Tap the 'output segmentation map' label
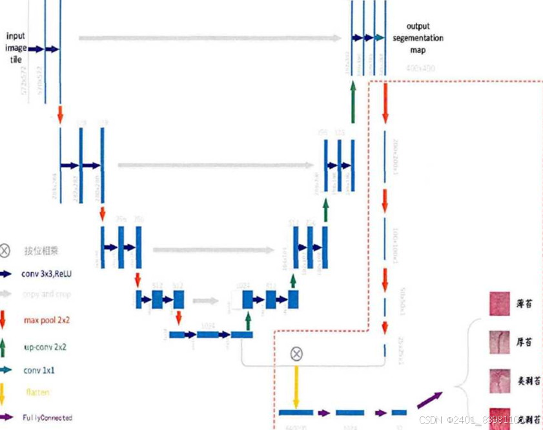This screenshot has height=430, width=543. [x=418, y=38]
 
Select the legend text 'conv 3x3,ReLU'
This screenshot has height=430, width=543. [x=46, y=274]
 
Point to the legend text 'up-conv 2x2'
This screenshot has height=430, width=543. [x=45, y=347]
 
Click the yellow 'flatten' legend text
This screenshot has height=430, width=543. [x=37, y=392]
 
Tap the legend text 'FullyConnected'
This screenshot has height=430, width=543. [x=47, y=418]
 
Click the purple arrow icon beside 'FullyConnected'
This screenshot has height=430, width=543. [x=7, y=418]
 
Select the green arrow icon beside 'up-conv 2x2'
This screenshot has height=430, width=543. [x=6, y=347]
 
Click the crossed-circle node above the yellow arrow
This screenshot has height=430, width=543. [x=296, y=353]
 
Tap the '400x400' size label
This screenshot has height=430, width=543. [x=420, y=68]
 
